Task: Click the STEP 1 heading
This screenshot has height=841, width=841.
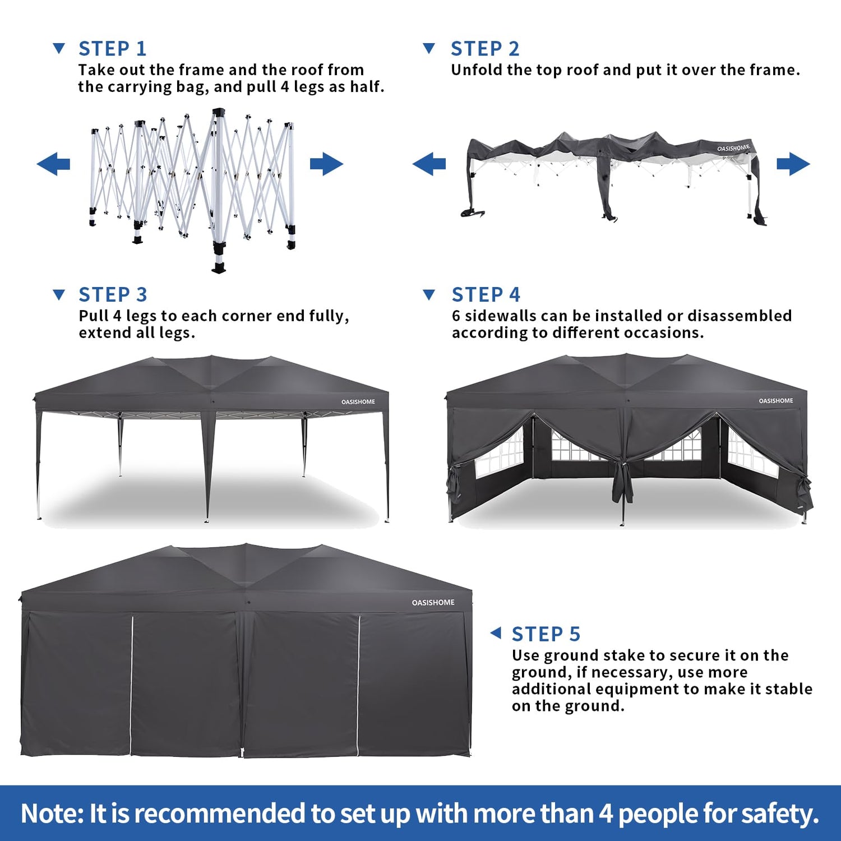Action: coord(112,49)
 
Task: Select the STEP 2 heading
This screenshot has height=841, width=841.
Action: coord(485,49)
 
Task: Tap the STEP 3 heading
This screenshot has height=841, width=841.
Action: coord(113,294)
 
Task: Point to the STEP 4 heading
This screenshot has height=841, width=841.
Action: coord(486,294)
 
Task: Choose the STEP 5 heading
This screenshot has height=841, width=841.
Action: coord(546,634)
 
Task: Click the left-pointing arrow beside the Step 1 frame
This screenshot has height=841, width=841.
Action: coord(53,164)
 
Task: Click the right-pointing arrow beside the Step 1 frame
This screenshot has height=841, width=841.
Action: coord(326,164)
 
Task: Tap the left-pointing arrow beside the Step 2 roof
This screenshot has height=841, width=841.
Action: coord(429,164)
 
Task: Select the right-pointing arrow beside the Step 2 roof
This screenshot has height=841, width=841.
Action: coord(793,164)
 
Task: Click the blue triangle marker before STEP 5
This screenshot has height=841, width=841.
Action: coord(496,633)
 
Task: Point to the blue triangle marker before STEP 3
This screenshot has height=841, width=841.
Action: coord(59,294)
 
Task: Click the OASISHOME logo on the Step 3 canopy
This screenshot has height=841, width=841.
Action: coord(358,402)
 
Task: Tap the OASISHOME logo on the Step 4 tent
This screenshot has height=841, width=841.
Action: coord(776,401)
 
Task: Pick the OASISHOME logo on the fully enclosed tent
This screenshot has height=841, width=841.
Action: coord(433,603)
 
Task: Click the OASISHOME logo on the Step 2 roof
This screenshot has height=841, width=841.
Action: coord(733,148)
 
